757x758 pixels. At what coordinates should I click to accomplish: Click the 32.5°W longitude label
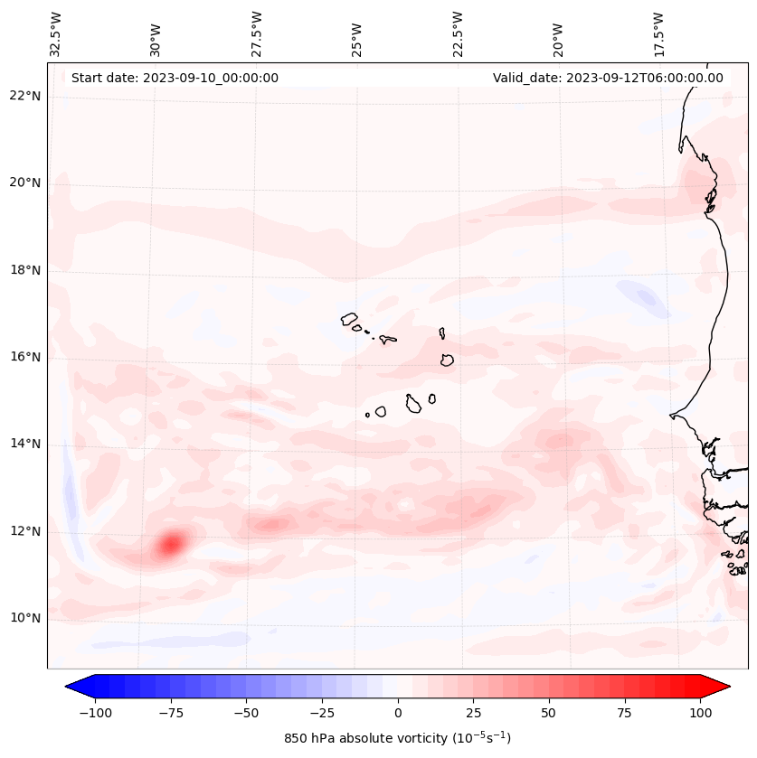[56, 34]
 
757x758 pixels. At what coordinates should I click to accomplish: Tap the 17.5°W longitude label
[658, 34]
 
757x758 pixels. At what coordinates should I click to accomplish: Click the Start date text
[175, 78]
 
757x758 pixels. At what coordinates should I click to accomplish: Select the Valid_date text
[608, 78]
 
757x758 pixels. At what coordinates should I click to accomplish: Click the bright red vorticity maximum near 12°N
[171, 544]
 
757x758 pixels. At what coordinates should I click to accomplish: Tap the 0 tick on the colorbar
[397, 713]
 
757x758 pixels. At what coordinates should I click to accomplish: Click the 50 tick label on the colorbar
[548, 713]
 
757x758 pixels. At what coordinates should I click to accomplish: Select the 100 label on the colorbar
[699, 713]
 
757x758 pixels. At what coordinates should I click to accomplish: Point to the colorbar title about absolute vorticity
[397, 738]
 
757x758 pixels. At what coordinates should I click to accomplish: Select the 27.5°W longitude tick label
[257, 34]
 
